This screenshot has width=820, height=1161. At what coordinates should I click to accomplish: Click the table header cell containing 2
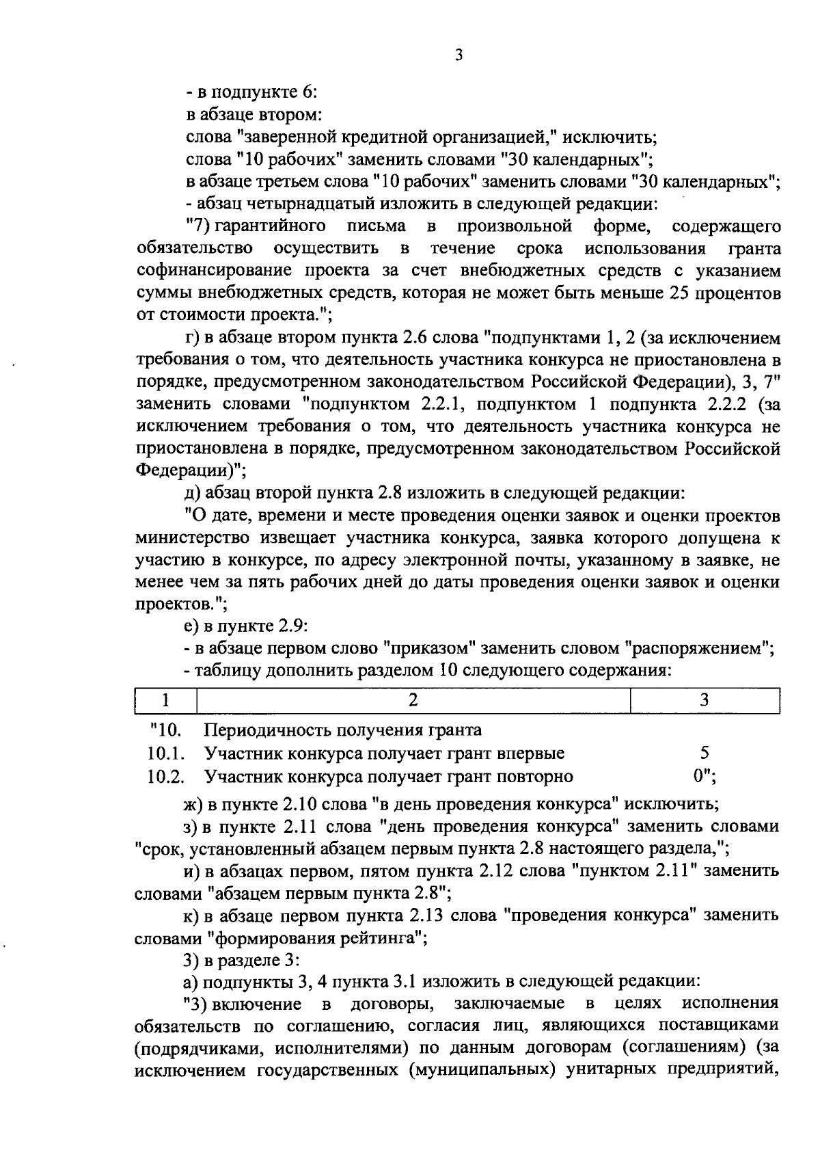pyautogui.click(x=413, y=700)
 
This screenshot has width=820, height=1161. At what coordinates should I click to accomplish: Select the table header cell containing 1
pyautogui.click(x=167, y=700)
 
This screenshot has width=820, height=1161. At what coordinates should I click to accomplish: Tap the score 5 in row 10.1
pyautogui.click(x=705, y=753)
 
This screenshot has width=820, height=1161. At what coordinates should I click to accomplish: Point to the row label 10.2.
pyautogui.click(x=166, y=777)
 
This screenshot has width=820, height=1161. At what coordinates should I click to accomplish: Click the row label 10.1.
pyautogui.click(x=166, y=753)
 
